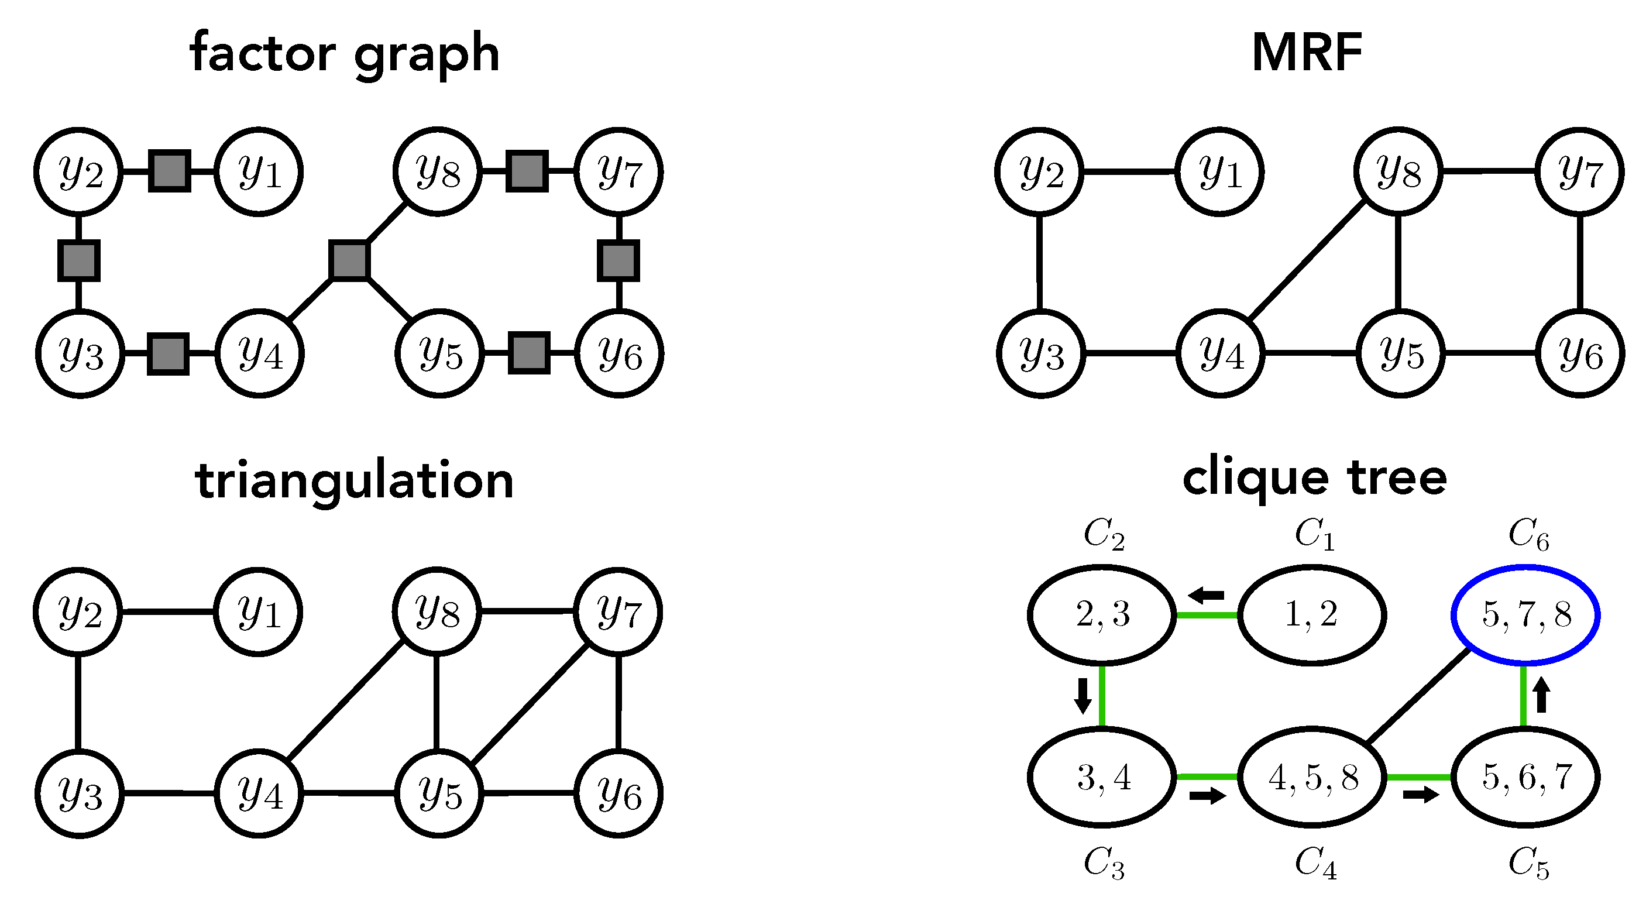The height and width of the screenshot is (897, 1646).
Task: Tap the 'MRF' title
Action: [x=1307, y=53]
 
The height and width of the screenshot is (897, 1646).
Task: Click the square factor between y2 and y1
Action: [x=169, y=171]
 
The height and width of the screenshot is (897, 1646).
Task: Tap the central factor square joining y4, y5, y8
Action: [x=349, y=260]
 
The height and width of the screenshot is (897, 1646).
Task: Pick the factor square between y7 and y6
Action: [x=618, y=260]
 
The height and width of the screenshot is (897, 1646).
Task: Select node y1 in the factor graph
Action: [x=259, y=171]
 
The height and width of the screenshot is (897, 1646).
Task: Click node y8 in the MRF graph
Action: [x=1398, y=171]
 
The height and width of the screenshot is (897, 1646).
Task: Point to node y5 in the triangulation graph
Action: [x=439, y=793]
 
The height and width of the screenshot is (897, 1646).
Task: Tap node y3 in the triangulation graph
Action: [x=80, y=793]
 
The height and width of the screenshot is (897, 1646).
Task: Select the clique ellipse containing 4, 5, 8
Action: [x=1312, y=778]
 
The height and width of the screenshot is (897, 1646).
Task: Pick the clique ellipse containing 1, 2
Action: [x=1312, y=614]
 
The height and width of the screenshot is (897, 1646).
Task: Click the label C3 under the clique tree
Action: [x=1104, y=864]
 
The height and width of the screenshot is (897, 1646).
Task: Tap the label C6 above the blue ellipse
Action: [x=1528, y=534]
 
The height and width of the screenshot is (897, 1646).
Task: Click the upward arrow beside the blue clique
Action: [x=1541, y=695]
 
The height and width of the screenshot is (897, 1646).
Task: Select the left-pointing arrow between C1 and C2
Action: [x=1207, y=596]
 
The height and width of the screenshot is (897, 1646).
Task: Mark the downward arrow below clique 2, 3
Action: [x=1083, y=695]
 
